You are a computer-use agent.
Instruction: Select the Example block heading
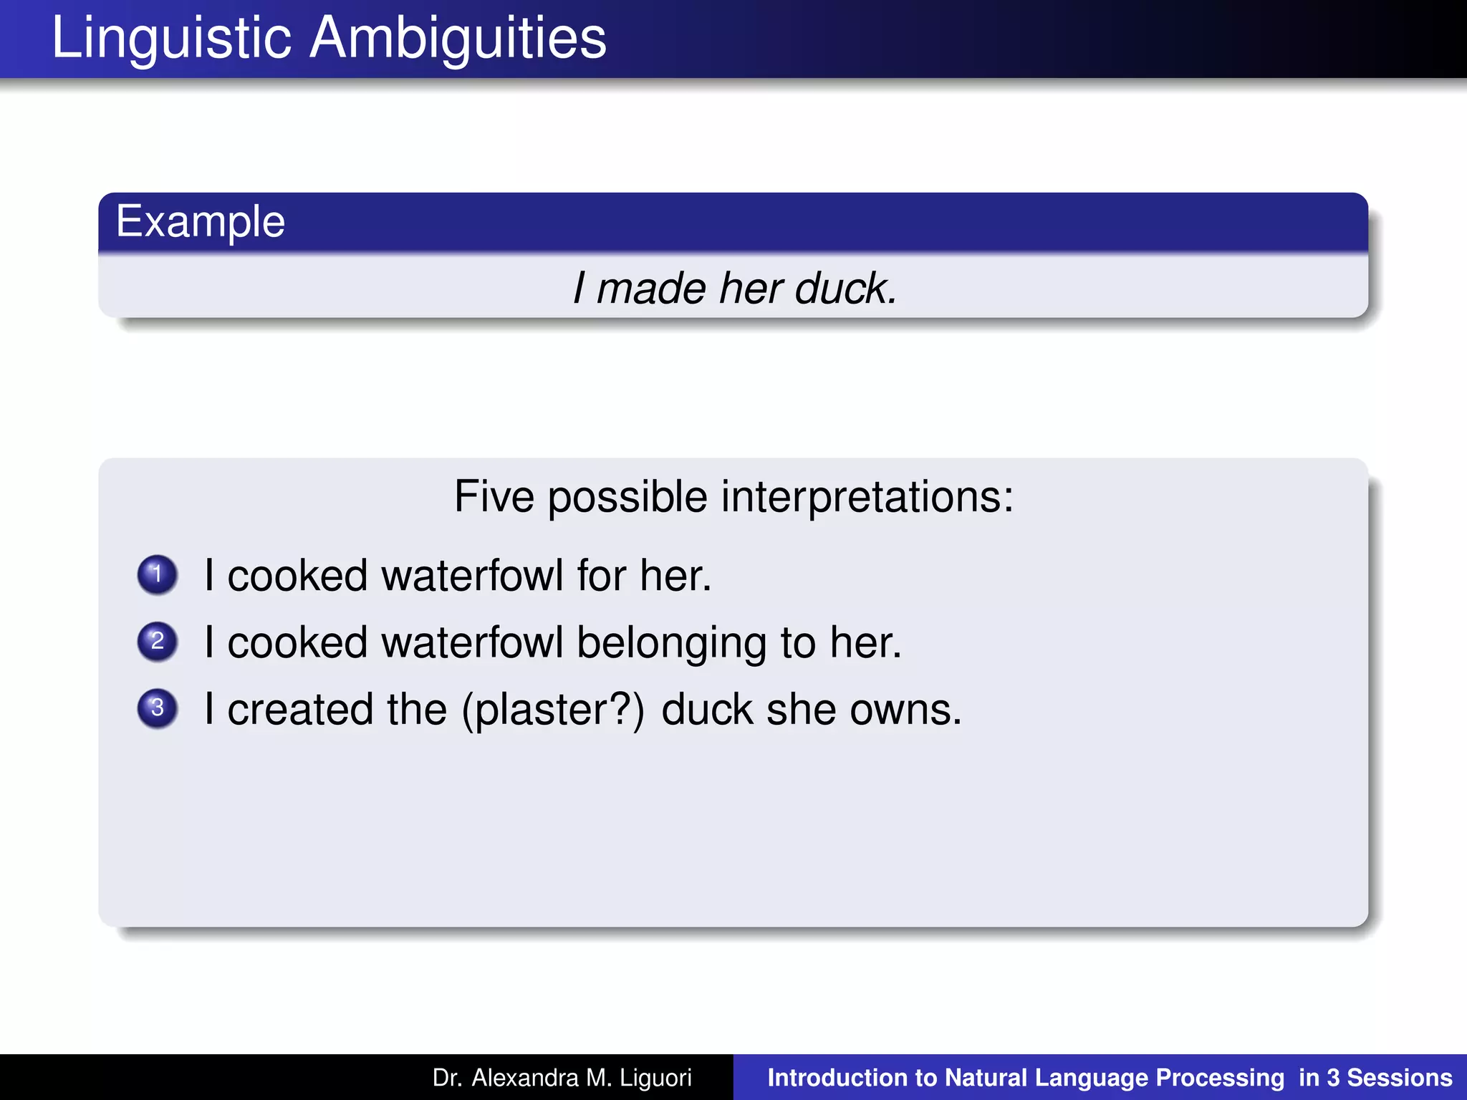pos(201,221)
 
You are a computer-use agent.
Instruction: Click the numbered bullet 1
pos(158,574)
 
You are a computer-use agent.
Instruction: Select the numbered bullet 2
pos(158,641)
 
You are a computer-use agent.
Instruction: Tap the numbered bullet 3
pos(158,708)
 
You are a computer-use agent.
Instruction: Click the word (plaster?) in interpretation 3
pos(553,710)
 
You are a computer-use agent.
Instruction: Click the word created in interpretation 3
pos(301,710)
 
